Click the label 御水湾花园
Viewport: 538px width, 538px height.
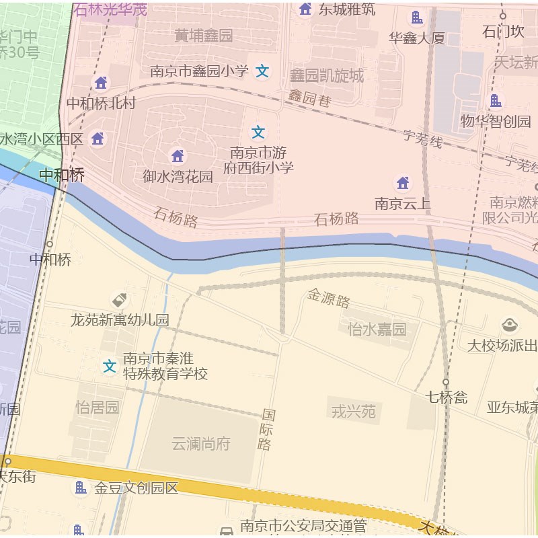[178, 177]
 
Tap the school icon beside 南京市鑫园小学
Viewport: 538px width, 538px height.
[262, 71]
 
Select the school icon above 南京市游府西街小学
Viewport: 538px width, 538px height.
[258, 132]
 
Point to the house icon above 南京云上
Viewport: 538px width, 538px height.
[402, 183]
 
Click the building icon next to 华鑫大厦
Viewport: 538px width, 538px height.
[417, 17]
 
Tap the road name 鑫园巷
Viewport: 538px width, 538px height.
[311, 98]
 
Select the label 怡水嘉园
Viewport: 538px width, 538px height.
[377, 329]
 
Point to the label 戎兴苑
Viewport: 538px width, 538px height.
[354, 412]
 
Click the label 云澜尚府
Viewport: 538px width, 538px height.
[201, 444]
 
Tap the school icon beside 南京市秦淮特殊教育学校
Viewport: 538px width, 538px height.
[109, 367]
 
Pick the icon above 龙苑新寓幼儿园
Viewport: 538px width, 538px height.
[120, 300]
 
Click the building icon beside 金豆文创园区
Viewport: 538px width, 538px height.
[80, 488]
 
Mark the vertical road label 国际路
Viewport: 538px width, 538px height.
[267, 429]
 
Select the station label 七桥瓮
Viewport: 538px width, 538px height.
[447, 397]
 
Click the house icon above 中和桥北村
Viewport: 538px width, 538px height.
[101, 83]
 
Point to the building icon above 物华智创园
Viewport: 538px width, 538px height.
[496, 101]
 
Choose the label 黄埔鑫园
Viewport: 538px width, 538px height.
[203, 35]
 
